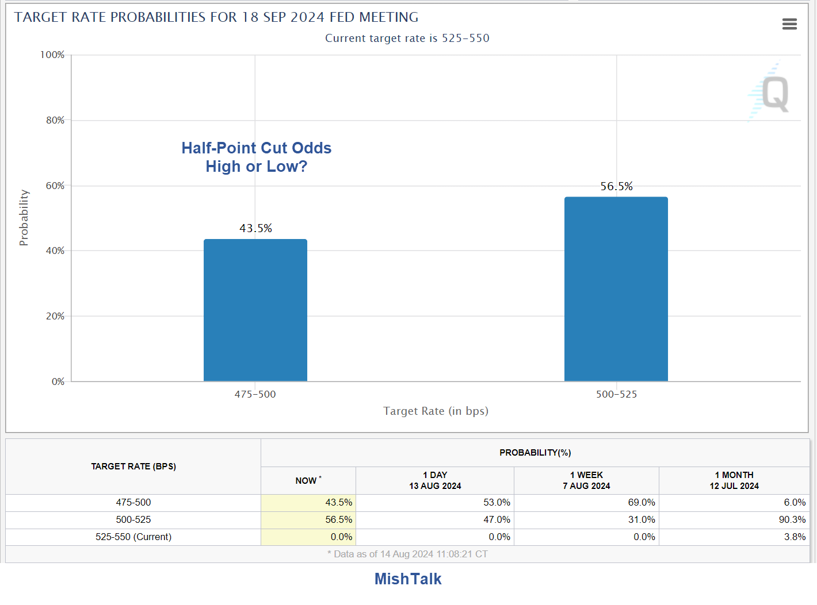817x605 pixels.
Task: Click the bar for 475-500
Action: (255, 310)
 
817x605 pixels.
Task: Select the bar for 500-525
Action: (616, 289)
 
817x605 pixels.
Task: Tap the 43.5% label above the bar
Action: (255, 228)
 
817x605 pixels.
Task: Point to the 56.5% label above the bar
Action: (616, 186)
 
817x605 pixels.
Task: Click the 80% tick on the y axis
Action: (55, 120)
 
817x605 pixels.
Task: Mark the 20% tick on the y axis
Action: (55, 316)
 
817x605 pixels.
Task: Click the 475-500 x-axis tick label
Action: (255, 394)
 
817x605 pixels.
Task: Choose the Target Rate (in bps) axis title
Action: (436, 411)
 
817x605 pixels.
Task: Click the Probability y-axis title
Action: (24, 218)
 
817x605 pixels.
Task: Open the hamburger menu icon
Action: (789, 24)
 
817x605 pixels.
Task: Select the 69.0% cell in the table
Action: (641, 502)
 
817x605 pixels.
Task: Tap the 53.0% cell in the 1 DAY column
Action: (497, 502)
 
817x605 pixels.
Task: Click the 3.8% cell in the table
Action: (795, 537)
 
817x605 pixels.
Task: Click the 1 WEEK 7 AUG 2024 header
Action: (586, 480)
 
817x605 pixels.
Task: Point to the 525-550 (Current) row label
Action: (133, 537)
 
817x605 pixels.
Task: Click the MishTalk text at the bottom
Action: (408, 579)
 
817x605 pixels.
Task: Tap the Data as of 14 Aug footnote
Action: (407, 554)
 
